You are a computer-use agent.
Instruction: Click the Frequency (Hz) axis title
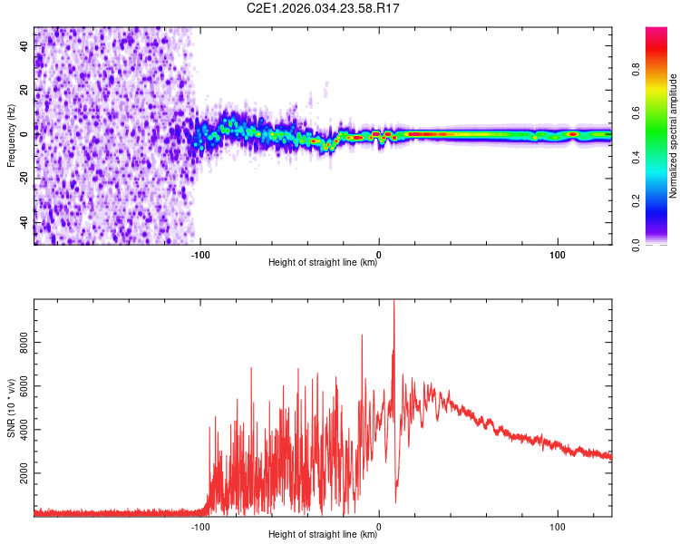tap(11, 136)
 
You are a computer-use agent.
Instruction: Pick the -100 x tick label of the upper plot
tap(200, 255)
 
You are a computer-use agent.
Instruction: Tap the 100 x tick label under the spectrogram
tap(558, 255)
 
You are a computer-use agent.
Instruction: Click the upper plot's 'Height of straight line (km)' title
tap(323, 264)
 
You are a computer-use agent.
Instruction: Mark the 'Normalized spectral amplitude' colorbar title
tap(673, 136)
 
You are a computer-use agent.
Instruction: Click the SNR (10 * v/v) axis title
tap(11, 408)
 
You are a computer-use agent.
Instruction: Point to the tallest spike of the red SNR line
tap(393, 303)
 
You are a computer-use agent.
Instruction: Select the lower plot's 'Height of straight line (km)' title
tap(323, 535)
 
